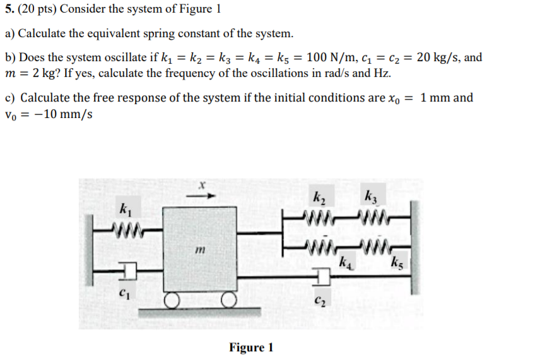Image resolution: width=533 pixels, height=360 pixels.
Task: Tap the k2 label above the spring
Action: tap(319, 195)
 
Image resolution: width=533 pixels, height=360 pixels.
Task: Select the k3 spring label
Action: tap(371, 195)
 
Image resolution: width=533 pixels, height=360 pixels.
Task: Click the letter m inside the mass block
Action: tap(200, 251)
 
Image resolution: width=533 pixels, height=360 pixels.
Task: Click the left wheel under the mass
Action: tap(172, 299)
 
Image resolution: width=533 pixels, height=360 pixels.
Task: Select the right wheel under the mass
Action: tap(229, 299)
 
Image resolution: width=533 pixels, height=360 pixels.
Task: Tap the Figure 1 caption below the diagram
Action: tap(251, 348)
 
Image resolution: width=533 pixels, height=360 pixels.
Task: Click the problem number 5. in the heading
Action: tap(9, 9)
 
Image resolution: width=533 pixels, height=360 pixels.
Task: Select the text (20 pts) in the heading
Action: tap(37, 9)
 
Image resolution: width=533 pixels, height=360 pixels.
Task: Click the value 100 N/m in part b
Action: tap(329, 58)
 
